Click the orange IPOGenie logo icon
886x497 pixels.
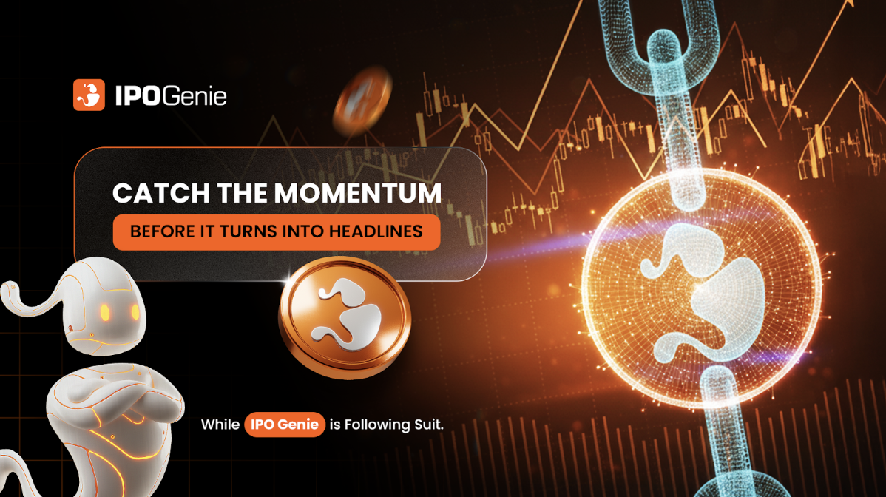coord(89,95)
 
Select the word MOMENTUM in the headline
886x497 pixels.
coord(358,194)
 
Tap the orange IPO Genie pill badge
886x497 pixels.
coord(285,425)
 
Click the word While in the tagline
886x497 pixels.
coord(220,425)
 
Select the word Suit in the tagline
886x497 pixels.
coord(427,425)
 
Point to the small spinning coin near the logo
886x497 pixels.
coord(359,98)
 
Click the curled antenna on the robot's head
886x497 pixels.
coord(30,292)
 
